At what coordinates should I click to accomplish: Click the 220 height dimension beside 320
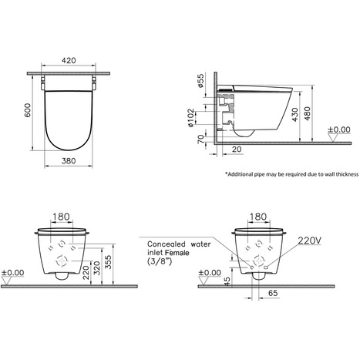pyautogui.click(x=86, y=267)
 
